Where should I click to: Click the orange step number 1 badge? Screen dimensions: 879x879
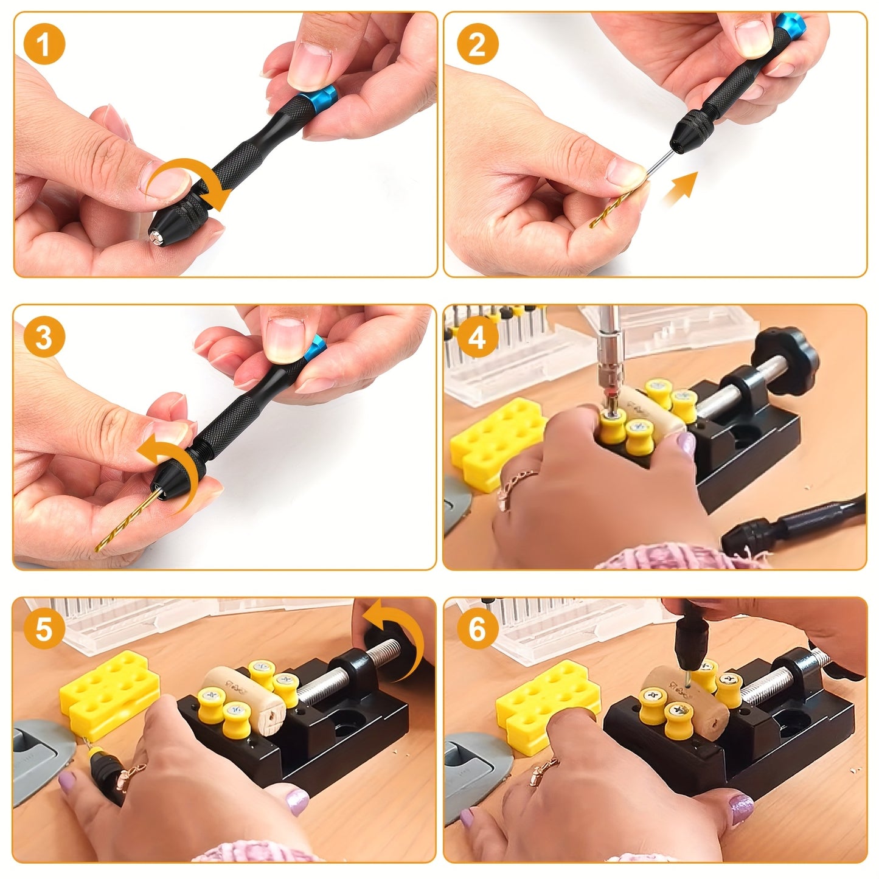pos(44,44)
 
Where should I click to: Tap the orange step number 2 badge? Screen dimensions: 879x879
pos(478,44)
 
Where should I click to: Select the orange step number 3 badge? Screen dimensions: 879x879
pos(44,336)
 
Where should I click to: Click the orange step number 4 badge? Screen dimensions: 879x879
pos(478,336)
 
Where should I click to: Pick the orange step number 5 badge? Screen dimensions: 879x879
pos(44,628)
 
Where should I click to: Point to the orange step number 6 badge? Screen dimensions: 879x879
pos(478,628)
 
